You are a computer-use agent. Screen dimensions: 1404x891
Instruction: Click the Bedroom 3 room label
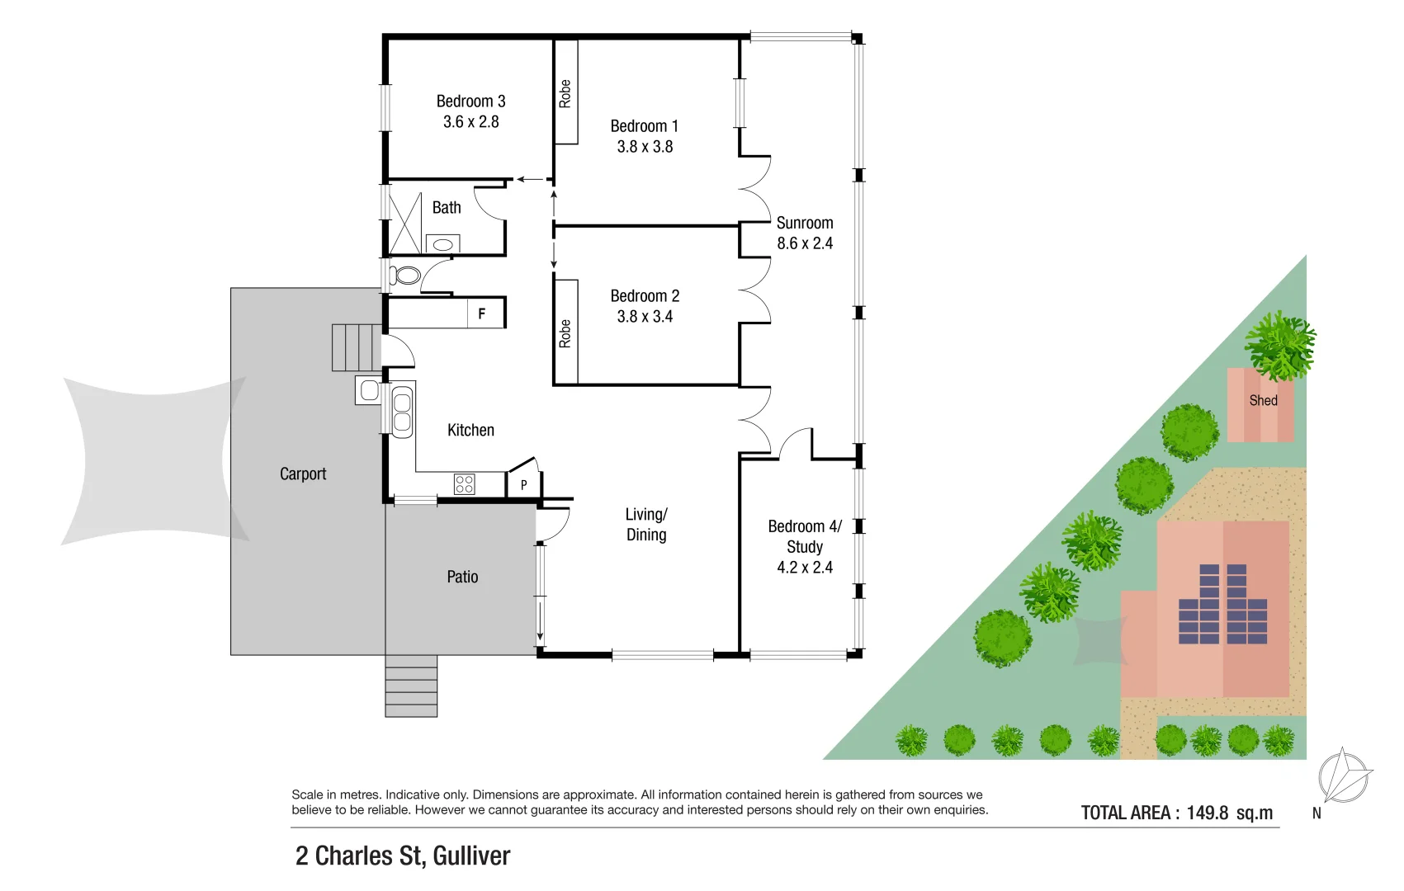[x=470, y=101]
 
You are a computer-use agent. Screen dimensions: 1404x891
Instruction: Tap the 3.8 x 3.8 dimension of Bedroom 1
[x=645, y=147]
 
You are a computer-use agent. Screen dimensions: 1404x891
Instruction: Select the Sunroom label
[x=805, y=223]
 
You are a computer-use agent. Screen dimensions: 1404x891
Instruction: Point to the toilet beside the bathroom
[x=405, y=275]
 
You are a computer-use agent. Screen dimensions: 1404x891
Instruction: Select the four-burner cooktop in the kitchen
[x=465, y=483]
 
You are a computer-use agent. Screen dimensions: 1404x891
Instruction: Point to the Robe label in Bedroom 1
[x=565, y=93]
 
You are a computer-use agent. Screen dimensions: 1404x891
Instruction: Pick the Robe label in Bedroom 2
[x=565, y=333]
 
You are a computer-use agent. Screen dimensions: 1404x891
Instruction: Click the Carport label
[x=303, y=474]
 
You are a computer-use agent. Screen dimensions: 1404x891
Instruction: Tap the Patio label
[x=462, y=577]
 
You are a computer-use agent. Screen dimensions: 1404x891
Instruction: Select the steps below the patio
[x=411, y=686]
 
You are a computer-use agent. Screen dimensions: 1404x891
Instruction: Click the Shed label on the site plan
[x=1263, y=400]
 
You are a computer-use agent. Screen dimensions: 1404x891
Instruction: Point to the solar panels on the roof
[x=1223, y=605]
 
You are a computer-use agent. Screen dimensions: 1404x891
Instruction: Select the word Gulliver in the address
[x=471, y=856]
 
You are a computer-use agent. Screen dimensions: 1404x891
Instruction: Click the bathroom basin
[x=443, y=244]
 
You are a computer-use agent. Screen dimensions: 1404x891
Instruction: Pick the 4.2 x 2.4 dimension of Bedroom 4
[x=805, y=568]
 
